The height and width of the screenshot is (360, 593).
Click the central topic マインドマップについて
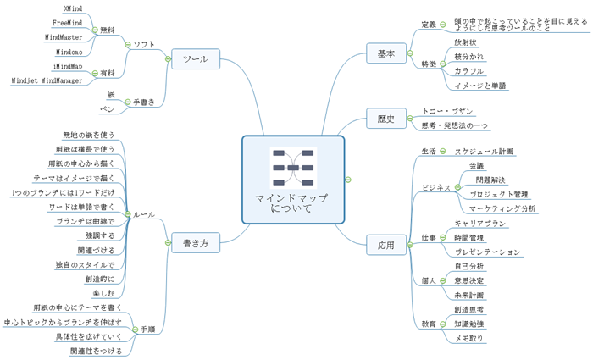tap(292, 202)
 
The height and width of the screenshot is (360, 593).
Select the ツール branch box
tap(195, 59)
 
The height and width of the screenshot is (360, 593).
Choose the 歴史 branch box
tap(386, 119)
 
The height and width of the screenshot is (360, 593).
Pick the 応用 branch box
tap(386, 246)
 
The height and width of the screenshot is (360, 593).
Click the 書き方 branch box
tap(195, 245)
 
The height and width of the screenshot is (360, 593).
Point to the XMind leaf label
tap(73, 8)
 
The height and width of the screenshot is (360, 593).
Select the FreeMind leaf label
tap(67, 23)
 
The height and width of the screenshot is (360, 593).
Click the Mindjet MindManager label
tap(47, 80)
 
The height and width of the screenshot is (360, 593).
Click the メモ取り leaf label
tap(469, 338)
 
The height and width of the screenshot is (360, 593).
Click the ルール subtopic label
tap(142, 215)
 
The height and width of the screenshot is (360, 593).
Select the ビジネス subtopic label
tap(436, 187)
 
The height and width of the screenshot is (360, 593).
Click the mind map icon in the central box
tap(292, 168)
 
